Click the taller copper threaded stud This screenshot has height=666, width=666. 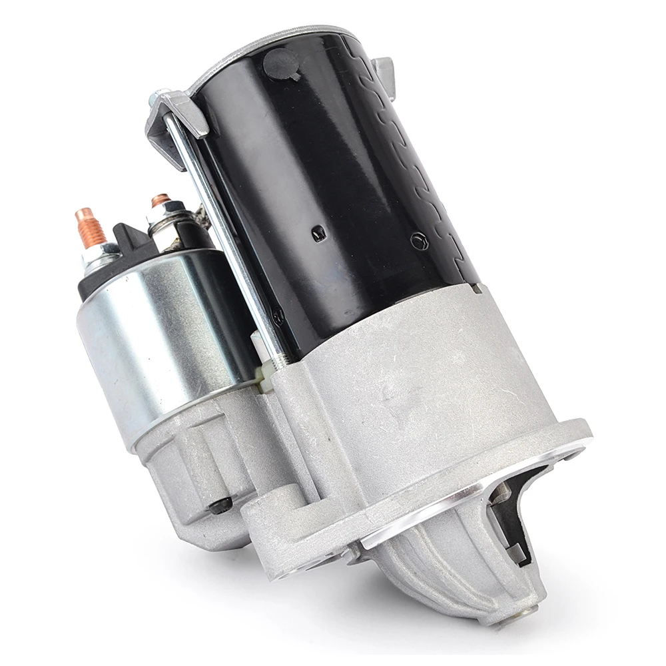tap(91, 228)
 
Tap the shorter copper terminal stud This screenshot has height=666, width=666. tap(161, 200)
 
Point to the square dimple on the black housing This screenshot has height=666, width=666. tap(319, 232)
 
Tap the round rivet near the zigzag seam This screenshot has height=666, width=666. tap(418, 240)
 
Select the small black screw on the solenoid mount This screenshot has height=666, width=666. tap(220, 505)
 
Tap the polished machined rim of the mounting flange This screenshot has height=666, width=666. tap(466, 493)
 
